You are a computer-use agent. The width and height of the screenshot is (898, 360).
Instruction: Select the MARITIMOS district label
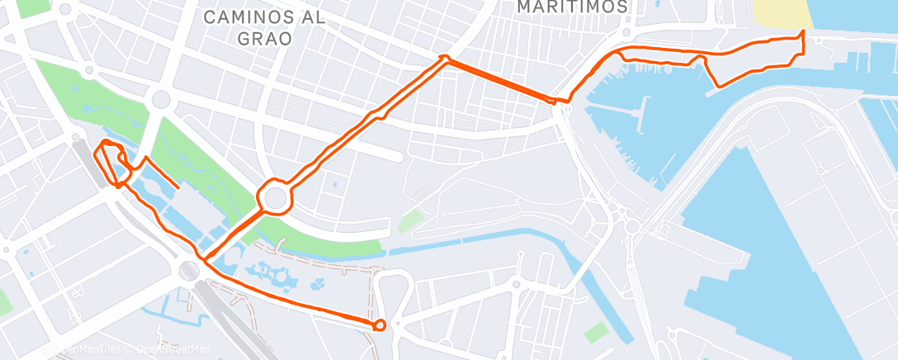point(572,7)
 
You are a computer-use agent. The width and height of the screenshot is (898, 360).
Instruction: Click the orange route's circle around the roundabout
point(274,197)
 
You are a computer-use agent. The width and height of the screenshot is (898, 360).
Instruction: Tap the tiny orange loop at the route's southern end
point(380,324)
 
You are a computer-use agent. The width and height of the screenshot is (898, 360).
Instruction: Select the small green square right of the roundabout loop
point(409,220)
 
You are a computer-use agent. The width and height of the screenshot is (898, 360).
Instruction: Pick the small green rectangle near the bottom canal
point(596,332)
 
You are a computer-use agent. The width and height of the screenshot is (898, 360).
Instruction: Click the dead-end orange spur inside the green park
point(177,187)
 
